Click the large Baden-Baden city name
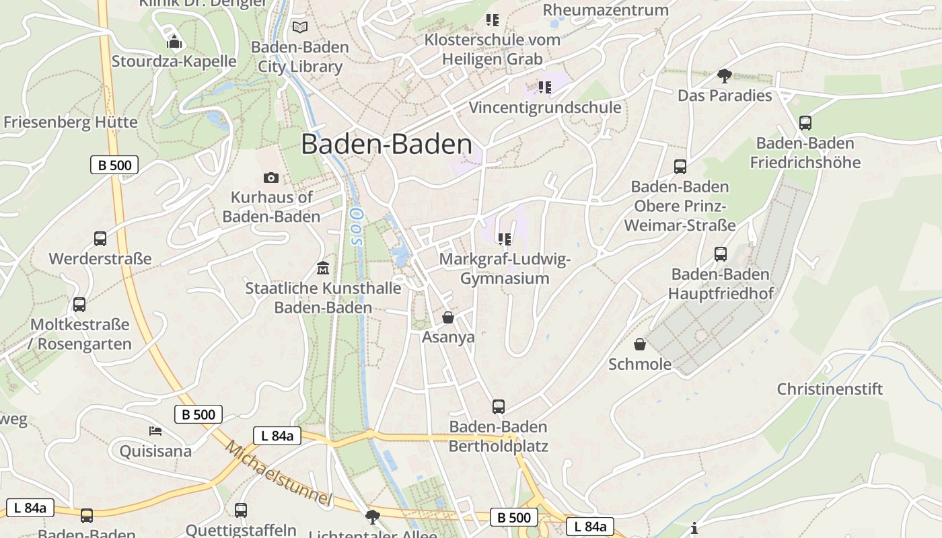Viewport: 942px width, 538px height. [386, 145]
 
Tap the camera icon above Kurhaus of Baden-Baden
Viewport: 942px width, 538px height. [271, 178]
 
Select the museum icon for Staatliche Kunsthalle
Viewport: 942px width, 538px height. [323, 268]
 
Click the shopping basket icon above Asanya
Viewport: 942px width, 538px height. [448, 317]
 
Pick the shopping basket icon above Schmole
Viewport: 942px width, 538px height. [640, 344]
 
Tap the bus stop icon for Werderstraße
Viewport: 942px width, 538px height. [100, 239]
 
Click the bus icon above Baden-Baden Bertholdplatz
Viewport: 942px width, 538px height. [499, 406]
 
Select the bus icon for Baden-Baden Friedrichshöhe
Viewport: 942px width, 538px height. [805, 123]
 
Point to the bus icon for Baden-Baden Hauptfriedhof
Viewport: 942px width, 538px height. [721, 254]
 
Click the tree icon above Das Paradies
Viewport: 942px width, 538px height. [724, 75]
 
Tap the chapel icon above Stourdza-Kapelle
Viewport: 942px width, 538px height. [174, 42]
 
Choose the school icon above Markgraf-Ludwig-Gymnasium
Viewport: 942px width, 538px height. [504, 239]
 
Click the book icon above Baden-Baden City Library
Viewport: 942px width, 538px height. [300, 28]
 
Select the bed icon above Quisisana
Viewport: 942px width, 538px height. [155, 430]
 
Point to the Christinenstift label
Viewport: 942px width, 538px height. [830, 389]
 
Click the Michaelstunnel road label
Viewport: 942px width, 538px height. [279, 473]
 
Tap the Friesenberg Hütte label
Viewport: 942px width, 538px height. [71, 122]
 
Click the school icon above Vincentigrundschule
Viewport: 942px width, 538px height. [544, 87]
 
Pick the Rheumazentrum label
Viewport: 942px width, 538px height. [606, 9]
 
